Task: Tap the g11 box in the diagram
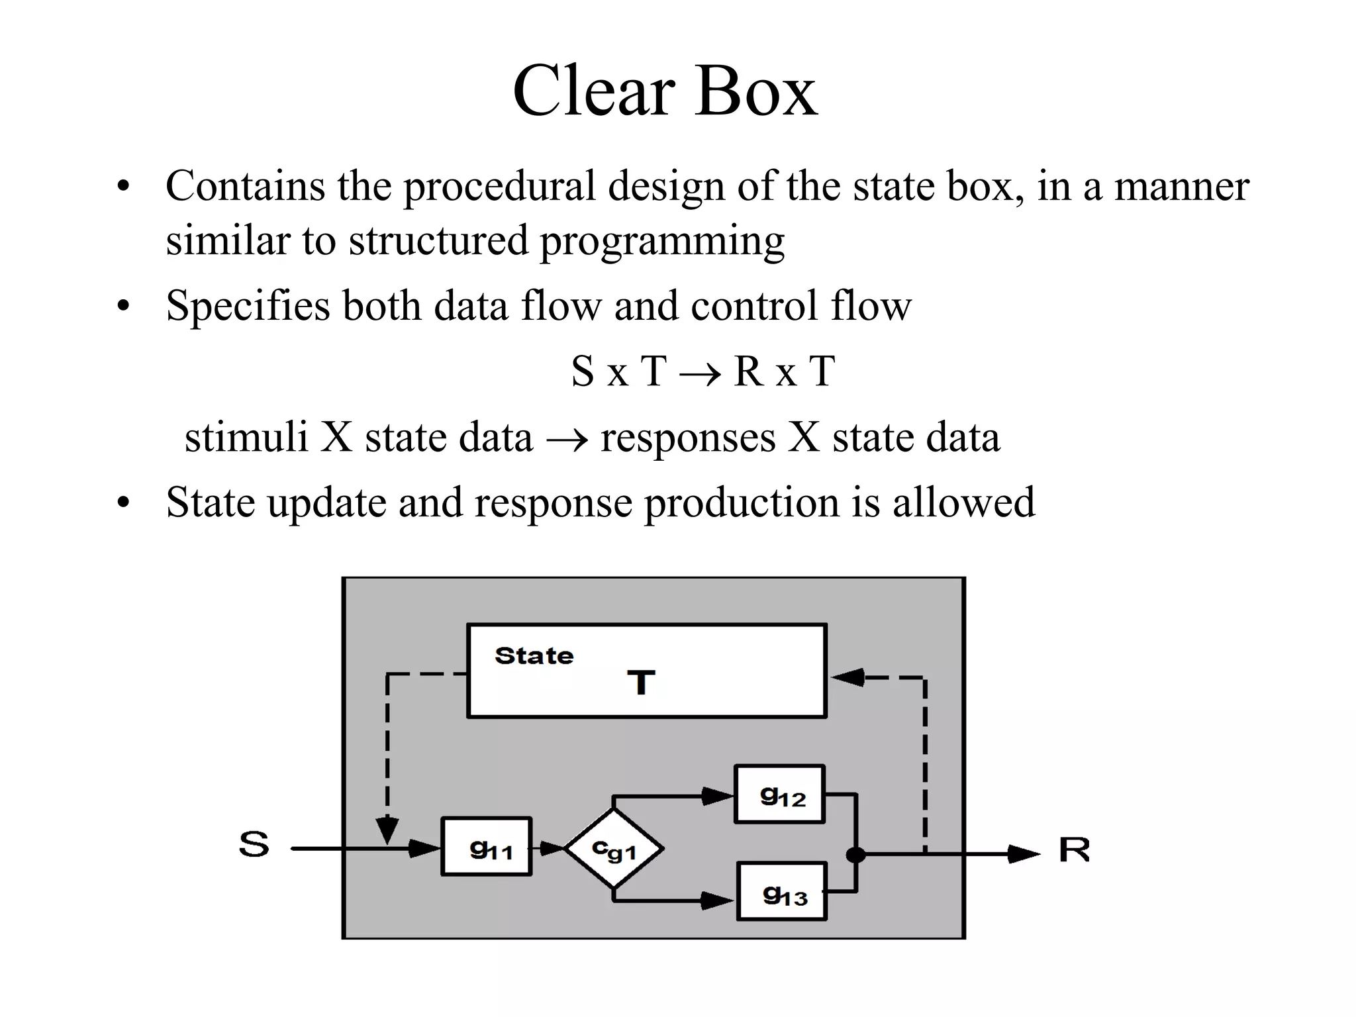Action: tap(487, 847)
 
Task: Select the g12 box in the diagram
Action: tap(780, 795)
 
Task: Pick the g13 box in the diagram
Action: tap(782, 891)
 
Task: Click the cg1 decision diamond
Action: tap(614, 848)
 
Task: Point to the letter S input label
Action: tap(254, 844)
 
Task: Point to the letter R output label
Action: tap(1074, 849)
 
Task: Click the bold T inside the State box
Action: tap(641, 683)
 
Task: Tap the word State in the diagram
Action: tap(534, 655)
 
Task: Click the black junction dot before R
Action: tap(855, 855)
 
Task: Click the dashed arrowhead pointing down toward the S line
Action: tap(387, 830)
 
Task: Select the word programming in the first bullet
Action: tap(662, 240)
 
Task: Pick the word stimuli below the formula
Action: tap(246, 438)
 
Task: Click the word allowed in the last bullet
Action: tap(963, 503)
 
